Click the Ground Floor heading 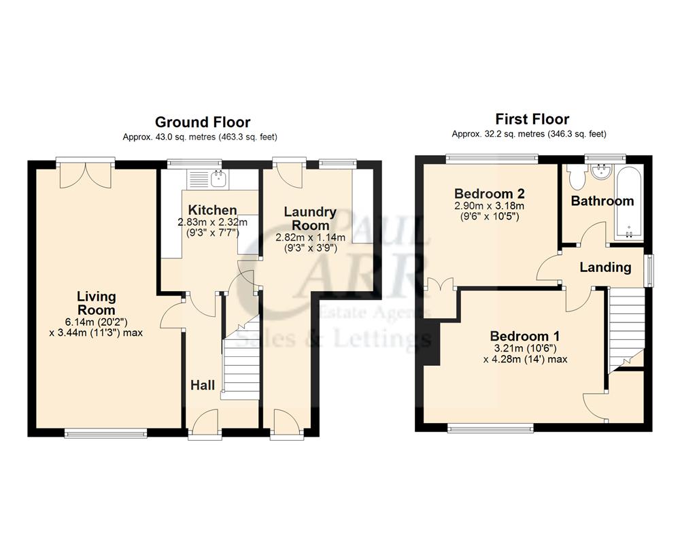pyautogui.click(x=203, y=122)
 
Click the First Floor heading pyautogui.click(x=532, y=119)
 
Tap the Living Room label pyautogui.click(x=96, y=303)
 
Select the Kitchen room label pyautogui.click(x=212, y=210)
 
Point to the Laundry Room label pyautogui.click(x=311, y=218)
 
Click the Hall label pyautogui.click(x=202, y=386)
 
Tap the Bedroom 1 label pyautogui.click(x=524, y=336)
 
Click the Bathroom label pyautogui.click(x=602, y=201)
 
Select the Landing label pyautogui.click(x=605, y=267)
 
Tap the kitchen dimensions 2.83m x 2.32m pyautogui.click(x=212, y=222)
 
